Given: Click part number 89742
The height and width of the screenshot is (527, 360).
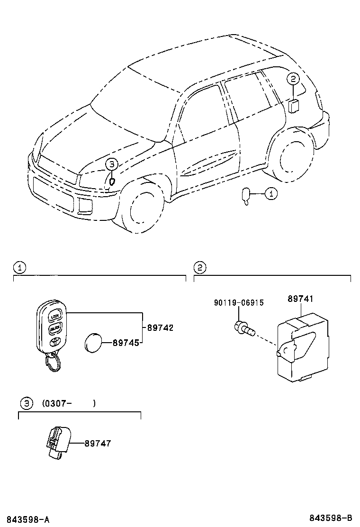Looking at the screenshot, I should tap(160, 327).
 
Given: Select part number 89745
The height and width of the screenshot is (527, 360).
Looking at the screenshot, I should tap(126, 342).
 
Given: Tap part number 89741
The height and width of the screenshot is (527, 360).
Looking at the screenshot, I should tap(301, 299).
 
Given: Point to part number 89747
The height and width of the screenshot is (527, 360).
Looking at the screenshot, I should tap(98, 443).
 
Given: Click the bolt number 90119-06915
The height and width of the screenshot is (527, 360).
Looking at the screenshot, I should tap(239, 303).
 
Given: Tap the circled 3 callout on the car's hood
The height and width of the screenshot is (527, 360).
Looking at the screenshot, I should tap(111, 164).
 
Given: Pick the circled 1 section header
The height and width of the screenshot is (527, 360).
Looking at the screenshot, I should tap(18, 268).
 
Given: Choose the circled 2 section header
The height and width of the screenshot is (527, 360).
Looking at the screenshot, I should tap(200, 268).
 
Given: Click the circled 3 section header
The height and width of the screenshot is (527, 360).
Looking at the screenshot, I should tap(27, 403).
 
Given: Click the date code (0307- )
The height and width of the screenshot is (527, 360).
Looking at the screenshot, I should tap(69, 403).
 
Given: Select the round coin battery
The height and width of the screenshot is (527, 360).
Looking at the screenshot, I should tap(94, 342).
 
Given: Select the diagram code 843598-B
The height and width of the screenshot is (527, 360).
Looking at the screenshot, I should tap(332, 518).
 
